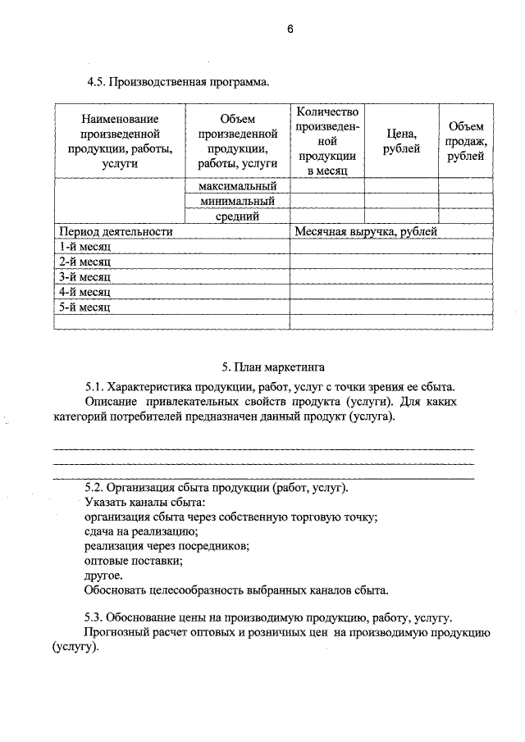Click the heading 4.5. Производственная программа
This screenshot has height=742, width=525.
click(x=178, y=82)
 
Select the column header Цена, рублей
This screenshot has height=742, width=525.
click(x=401, y=141)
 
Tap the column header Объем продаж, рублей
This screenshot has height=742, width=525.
click(x=466, y=141)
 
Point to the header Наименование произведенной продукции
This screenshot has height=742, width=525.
click(x=120, y=141)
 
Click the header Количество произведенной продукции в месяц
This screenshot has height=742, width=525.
click(x=327, y=141)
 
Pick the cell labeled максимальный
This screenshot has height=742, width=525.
click(x=237, y=186)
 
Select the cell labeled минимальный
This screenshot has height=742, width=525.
click(x=237, y=201)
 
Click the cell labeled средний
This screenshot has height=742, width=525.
click(x=237, y=216)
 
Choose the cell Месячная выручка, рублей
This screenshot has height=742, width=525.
click(x=366, y=232)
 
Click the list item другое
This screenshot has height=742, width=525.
click(x=103, y=576)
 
